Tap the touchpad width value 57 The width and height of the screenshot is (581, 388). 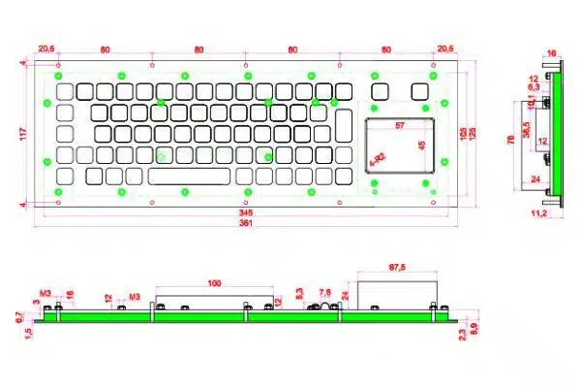[400, 126]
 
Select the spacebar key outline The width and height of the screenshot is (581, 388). [190, 176]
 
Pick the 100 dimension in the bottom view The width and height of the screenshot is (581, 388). [213, 282]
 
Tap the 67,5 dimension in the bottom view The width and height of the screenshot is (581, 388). [395, 265]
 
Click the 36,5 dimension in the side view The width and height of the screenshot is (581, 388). [526, 129]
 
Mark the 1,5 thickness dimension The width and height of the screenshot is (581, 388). [30, 332]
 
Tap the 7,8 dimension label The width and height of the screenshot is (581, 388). [325, 292]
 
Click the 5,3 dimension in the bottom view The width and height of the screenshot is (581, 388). [299, 292]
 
